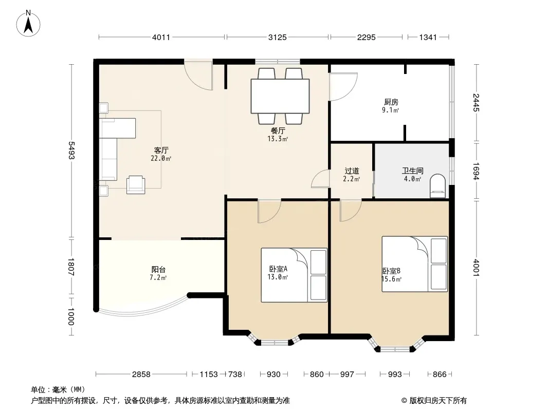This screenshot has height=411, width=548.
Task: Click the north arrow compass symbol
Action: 28,24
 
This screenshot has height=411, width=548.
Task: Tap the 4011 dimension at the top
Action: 161,37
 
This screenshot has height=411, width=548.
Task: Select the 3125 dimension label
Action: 278,37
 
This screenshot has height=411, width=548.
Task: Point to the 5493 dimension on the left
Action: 71,150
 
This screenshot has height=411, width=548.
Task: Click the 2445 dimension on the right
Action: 476,103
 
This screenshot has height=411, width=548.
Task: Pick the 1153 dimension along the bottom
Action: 209,375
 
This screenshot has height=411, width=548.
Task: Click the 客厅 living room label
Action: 161,151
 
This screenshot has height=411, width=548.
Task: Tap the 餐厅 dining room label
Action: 278,131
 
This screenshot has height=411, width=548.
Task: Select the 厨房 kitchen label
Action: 391,102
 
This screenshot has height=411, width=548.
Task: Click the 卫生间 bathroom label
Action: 412,171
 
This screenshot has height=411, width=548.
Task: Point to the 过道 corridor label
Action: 352,171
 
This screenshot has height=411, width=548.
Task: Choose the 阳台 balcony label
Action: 158,270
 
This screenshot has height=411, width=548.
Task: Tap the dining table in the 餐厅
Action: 280,96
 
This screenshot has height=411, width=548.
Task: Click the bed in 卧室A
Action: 294,275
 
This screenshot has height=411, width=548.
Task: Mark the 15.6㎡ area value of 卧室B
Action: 391,279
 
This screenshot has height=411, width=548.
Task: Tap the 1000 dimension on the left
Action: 71,316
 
